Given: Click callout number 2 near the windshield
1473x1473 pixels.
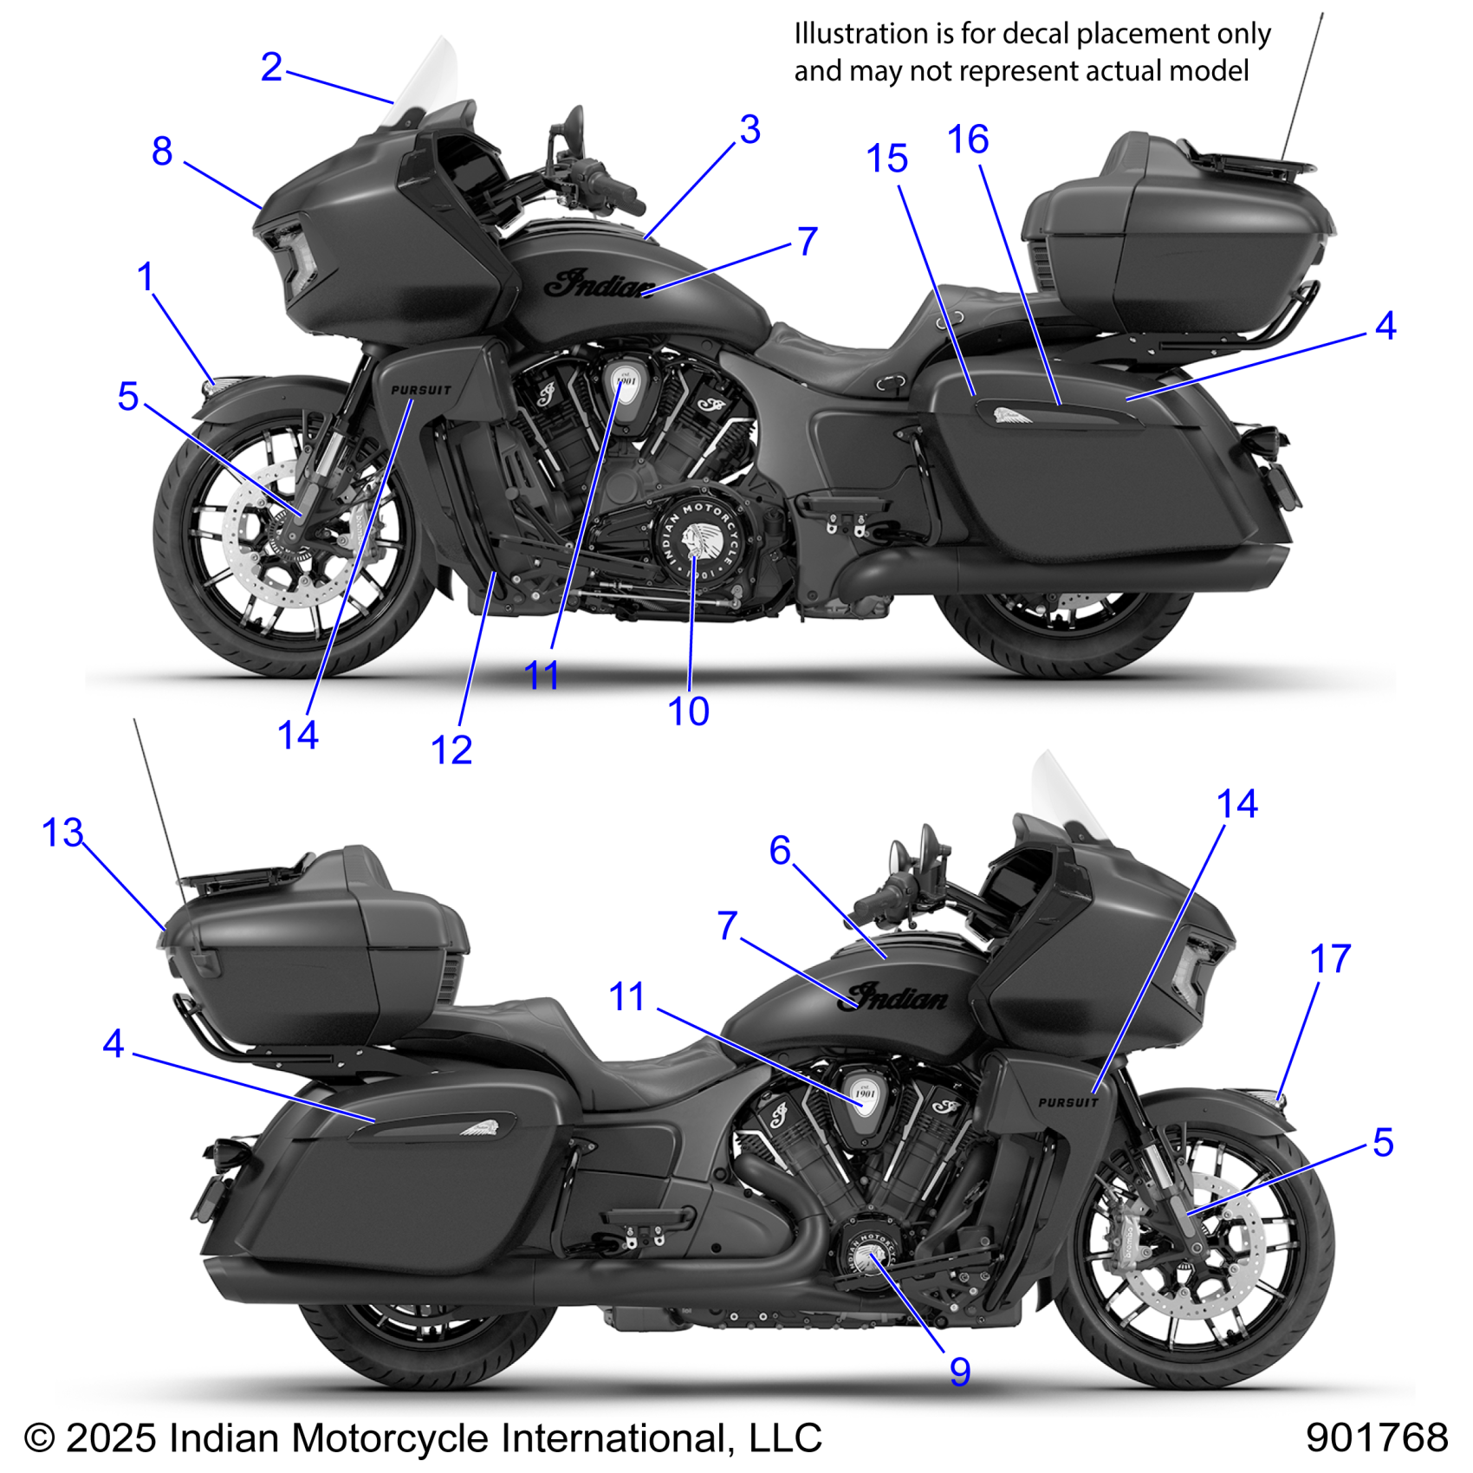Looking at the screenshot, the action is [x=271, y=68].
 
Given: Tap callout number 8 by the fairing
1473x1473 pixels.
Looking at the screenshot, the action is [x=162, y=152].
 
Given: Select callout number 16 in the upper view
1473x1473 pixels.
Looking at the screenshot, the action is [x=968, y=140].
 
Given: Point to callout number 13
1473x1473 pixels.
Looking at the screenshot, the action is [x=62, y=834].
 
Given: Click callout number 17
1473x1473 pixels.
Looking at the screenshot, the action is [x=1330, y=959].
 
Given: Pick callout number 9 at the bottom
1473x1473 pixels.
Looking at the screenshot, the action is [x=959, y=1372].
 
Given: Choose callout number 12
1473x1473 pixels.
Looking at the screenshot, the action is [x=451, y=750].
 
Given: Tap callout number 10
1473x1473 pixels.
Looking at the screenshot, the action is [x=689, y=712].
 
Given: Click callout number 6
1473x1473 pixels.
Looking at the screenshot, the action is [x=780, y=851].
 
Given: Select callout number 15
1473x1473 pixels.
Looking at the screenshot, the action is [x=887, y=159].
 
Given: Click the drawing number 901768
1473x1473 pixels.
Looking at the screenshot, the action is [x=1377, y=1437].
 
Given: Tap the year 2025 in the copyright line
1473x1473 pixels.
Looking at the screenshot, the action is [x=111, y=1438].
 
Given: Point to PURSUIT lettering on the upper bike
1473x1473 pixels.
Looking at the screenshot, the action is [x=421, y=391].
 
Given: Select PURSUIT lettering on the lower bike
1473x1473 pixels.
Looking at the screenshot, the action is [x=1067, y=1102].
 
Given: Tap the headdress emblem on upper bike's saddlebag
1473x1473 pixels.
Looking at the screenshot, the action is [x=1010, y=417].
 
